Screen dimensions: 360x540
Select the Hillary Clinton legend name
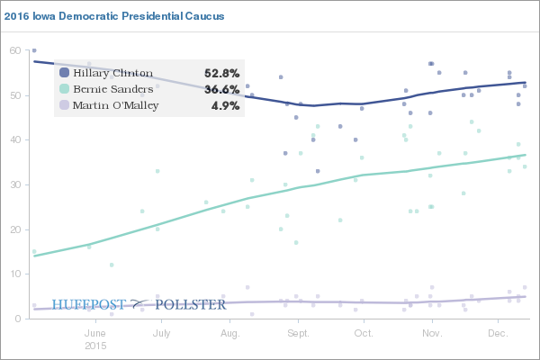(x=113, y=73)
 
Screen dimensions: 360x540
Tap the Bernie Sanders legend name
(x=112, y=89)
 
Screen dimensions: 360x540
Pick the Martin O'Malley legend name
(x=116, y=105)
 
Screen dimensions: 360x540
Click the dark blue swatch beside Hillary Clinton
(x=64, y=73)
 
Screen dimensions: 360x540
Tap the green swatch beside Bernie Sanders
(x=64, y=89)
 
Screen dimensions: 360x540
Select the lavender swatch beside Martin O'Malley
(x=64, y=105)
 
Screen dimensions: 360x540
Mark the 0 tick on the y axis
(x=16, y=319)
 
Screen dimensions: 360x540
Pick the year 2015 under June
(x=95, y=346)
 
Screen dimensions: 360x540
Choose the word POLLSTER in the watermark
(x=191, y=304)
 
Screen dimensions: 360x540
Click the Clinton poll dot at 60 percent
(x=34, y=50)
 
